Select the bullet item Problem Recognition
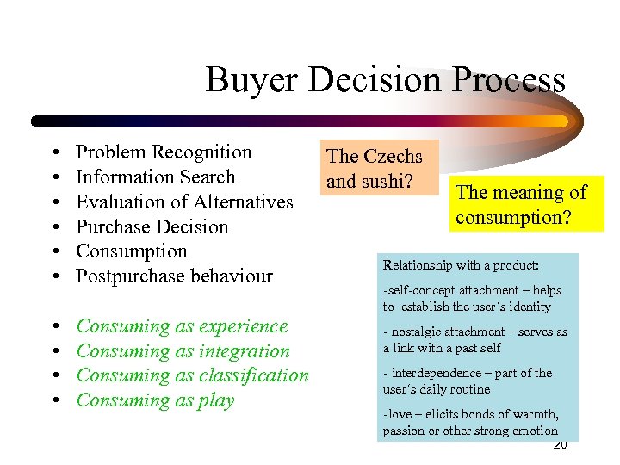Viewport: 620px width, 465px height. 164,152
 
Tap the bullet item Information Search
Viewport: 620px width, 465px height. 155,177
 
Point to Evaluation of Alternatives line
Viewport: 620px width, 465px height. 184,202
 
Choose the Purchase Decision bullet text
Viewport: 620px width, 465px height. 152,227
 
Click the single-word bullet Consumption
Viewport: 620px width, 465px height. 131,251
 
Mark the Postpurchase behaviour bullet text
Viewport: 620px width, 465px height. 174,276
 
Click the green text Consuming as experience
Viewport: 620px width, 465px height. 182,326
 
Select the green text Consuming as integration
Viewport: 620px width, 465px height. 183,351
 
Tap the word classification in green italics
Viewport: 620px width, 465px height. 253,375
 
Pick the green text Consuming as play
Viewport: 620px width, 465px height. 155,400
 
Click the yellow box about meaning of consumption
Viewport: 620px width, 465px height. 520,205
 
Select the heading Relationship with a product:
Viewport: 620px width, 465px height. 461,265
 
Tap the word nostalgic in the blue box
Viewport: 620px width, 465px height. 417,332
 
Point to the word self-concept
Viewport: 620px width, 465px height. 423,291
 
